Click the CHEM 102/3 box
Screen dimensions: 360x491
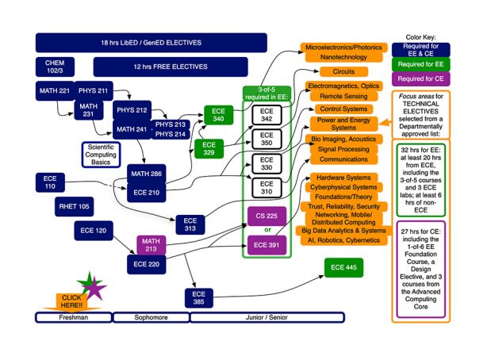click(56, 67)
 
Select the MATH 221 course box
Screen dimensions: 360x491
click(55, 90)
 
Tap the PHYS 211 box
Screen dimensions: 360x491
click(93, 90)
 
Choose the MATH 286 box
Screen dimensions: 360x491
click(147, 173)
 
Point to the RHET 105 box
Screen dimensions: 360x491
click(74, 207)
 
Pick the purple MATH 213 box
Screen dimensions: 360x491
click(152, 243)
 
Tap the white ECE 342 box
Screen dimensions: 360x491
click(267, 114)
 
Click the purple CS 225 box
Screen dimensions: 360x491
click(267, 216)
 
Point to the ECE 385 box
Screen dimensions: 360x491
click(199, 298)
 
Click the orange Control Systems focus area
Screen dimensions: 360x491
click(343, 109)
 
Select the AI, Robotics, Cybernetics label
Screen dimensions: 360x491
click(343, 240)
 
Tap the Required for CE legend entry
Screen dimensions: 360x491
click(420, 79)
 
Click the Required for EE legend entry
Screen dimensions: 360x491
click(420, 64)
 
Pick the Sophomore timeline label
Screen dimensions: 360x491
click(140, 317)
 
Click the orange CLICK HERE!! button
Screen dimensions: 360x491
click(71, 301)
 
